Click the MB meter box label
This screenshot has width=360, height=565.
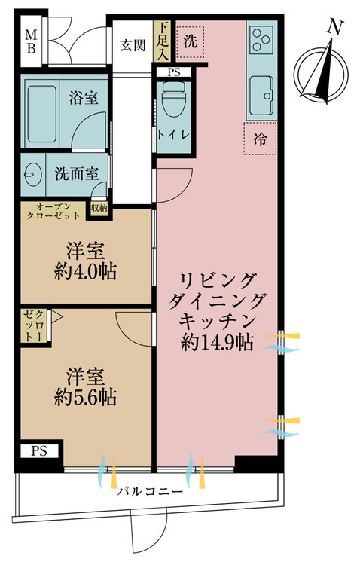[x=32, y=41]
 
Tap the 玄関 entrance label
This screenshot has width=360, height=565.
[x=133, y=45]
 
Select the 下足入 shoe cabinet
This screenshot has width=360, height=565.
[x=162, y=41]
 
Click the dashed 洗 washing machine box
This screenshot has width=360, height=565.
[x=191, y=41]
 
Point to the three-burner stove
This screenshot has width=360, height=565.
[x=261, y=39]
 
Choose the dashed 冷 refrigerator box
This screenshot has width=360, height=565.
[x=260, y=139]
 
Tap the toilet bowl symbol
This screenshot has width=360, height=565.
[x=173, y=99]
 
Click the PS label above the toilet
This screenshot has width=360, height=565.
[x=174, y=72]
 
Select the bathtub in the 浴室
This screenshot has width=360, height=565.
[x=41, y=114]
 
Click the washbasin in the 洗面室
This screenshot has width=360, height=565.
[x=31, y=175]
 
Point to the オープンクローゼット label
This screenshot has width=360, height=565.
[x=53, y=212]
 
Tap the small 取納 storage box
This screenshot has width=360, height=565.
[x=99, y=209]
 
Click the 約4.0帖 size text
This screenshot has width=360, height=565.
[x=85, y=273]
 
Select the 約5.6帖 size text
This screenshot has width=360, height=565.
[x=85, y=398]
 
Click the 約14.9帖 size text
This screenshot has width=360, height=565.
[x=217, y=343]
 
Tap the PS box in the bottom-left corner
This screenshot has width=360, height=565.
[x=39, y=451]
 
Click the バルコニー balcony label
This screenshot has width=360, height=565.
[x=150, y=491]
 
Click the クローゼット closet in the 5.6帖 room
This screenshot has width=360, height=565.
[x=34, y=326]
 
